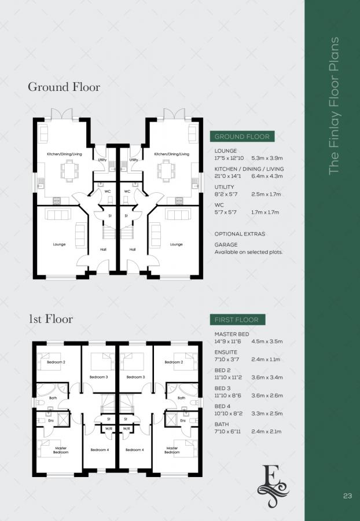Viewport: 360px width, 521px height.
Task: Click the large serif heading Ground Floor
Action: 64,87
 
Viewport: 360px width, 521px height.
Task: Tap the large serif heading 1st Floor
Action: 50,319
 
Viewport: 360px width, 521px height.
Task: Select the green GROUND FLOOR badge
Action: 242,137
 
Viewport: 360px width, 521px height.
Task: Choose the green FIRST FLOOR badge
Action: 237,320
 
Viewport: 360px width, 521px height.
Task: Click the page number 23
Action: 347,496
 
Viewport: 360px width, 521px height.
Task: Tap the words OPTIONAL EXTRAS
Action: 240,234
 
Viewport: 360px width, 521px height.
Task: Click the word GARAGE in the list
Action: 226,245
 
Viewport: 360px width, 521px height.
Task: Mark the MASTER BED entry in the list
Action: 232,334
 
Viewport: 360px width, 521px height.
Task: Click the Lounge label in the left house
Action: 59,244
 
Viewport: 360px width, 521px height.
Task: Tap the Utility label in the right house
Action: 134,160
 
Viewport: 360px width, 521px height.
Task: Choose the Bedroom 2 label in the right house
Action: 173,362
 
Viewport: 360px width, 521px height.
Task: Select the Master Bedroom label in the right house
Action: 172,450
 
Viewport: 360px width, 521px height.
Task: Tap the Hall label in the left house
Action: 103,250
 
